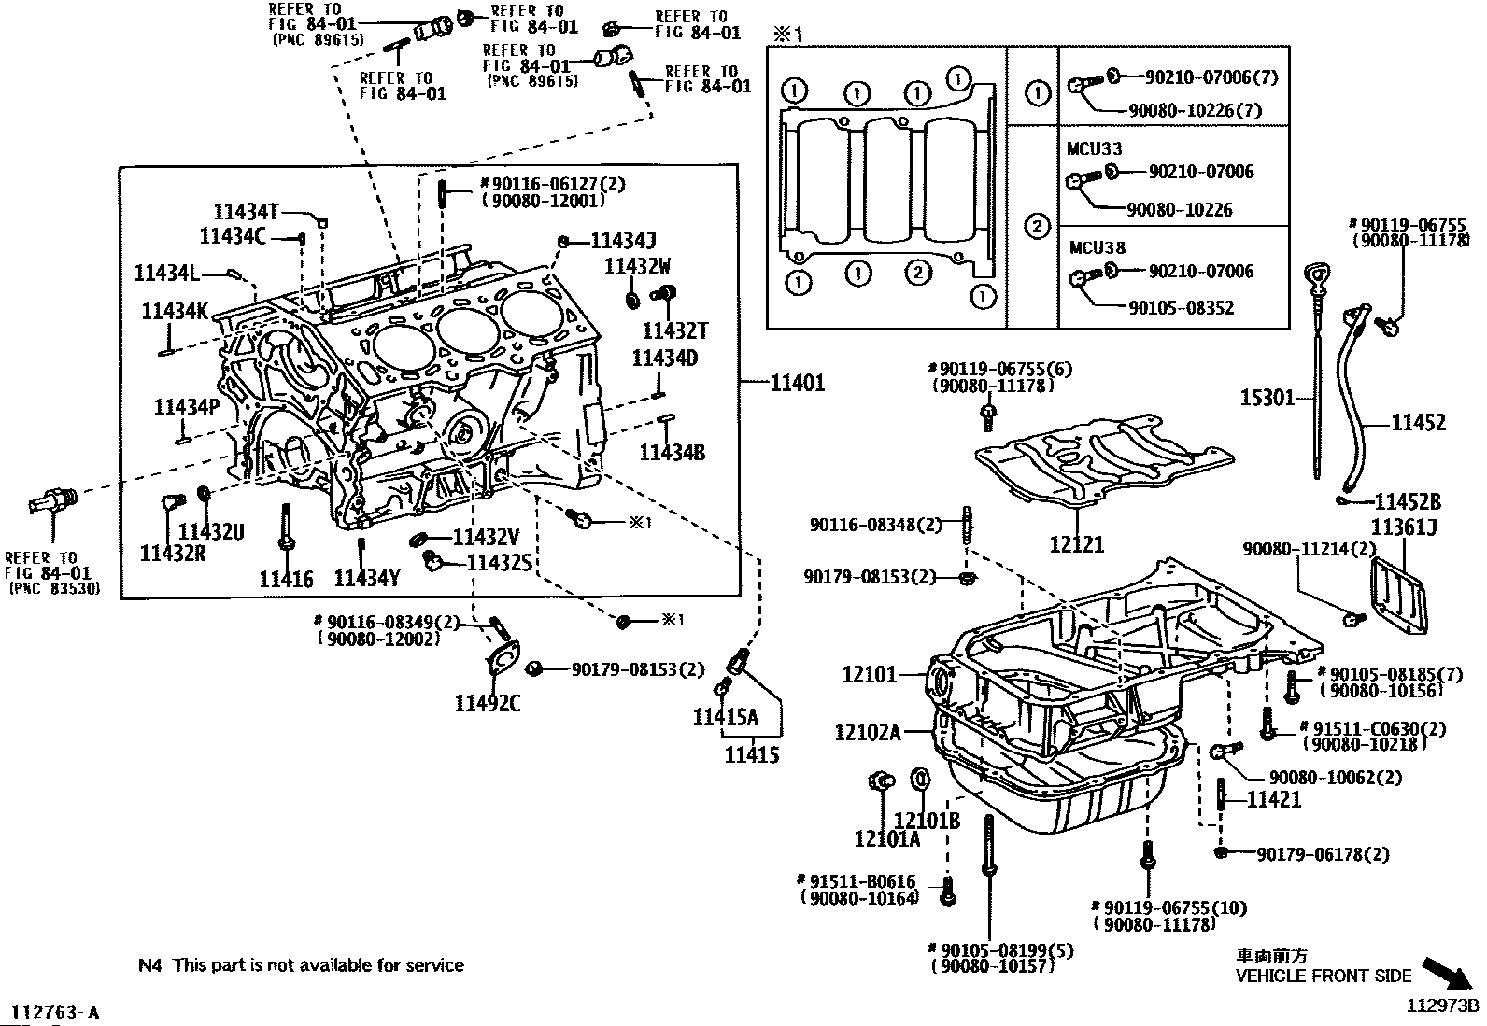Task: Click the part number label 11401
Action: [798, 383]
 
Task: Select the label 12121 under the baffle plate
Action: [1077, 544]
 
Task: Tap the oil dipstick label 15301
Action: [1267, 398]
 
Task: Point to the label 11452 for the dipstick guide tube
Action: [1419, 422]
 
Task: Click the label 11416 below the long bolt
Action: [286, 580]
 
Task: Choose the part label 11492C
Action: [488, 703]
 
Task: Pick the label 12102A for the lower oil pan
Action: [868, 732]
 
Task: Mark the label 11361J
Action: [1405, 527]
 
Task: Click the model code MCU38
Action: [1098, 248]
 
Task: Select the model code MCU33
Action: [1095, 148]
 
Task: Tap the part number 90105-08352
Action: [1182, 308]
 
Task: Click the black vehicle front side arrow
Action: [1452, 975]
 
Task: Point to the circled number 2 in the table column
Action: [1038, 227]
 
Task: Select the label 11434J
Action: [623, 240]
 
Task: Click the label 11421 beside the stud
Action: [1274, 800]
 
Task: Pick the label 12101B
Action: [928, 821]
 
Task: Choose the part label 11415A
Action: [726, 717]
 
